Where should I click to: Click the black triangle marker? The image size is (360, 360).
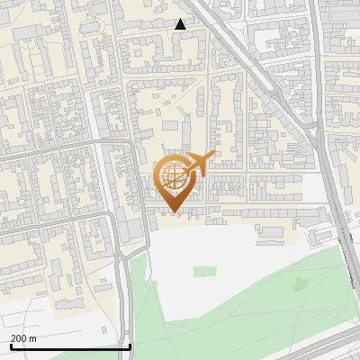181,24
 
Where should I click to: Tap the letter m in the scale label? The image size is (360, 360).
33,338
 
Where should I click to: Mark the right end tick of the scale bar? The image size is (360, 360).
130,345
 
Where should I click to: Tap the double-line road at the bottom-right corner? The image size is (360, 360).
333,346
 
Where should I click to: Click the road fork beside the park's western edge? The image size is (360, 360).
121,261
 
